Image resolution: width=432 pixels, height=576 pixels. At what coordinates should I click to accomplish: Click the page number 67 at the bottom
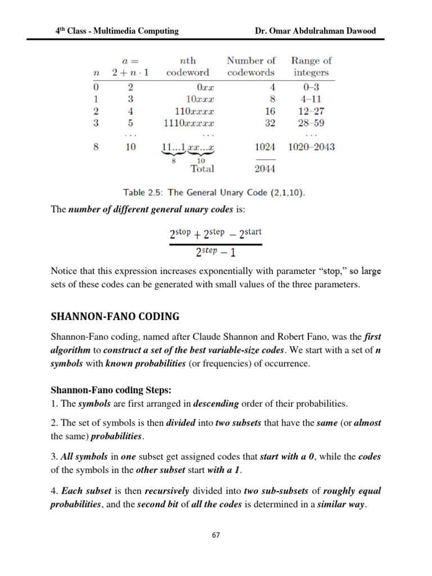(216, 535)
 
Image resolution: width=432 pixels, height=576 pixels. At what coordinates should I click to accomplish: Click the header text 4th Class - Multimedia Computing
(116, 31)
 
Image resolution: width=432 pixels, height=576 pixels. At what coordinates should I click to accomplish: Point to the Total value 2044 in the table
(264, 168)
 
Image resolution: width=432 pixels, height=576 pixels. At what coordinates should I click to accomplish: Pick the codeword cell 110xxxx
(193, 112)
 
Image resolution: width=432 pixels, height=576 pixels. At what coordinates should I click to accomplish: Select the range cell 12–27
(311, 112)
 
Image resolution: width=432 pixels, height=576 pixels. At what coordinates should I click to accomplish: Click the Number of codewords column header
(251, 66)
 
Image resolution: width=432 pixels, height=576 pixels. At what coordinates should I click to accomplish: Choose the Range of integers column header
(311, 66)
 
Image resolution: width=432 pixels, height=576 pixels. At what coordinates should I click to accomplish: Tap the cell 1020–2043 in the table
(311, 147)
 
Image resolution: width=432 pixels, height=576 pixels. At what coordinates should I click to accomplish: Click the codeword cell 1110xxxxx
(189, 123)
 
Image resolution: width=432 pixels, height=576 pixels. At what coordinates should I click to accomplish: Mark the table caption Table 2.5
(214, 192)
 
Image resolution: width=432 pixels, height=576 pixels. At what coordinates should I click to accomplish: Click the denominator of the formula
(215, 253)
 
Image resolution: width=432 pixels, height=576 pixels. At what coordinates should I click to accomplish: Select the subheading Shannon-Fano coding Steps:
(107, 390)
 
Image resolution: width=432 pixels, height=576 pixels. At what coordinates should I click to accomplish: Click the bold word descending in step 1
(215, 404)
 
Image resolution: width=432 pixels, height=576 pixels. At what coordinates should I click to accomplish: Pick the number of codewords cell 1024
(264, 147)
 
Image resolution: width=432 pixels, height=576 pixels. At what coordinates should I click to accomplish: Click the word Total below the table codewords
(202, 168)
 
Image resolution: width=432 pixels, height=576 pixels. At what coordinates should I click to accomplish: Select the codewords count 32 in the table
(269, 123)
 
